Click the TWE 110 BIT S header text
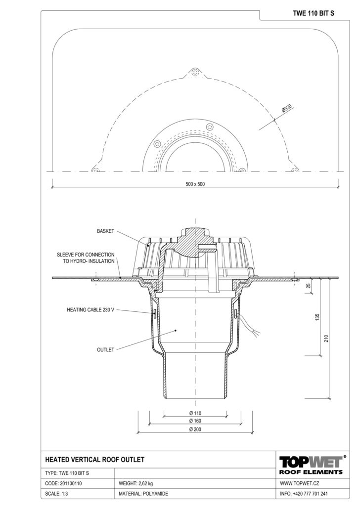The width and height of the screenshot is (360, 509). point(313,13)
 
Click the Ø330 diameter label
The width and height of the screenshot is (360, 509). point(287,108)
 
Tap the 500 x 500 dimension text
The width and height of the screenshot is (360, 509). point(195,184)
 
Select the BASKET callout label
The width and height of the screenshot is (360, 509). point(106,231)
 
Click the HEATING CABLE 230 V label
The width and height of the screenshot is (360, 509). point(90,310)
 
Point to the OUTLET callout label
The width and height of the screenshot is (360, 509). point(106,349)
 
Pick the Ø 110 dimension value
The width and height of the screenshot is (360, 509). point(195,413)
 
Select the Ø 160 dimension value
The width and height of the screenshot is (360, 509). point(195,421)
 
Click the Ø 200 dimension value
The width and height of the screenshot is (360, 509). point(195,429)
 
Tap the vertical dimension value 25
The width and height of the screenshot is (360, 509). point(309,286)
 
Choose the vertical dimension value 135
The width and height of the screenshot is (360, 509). point(317,317)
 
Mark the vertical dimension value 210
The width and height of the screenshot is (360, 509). point(326,338)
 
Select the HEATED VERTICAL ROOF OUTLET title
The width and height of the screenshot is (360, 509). point(94,460)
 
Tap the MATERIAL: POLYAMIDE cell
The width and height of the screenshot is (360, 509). point(143,494)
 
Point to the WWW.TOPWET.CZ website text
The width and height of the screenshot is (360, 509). point(300,483)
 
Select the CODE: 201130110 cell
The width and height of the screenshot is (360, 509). point(63,483)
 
